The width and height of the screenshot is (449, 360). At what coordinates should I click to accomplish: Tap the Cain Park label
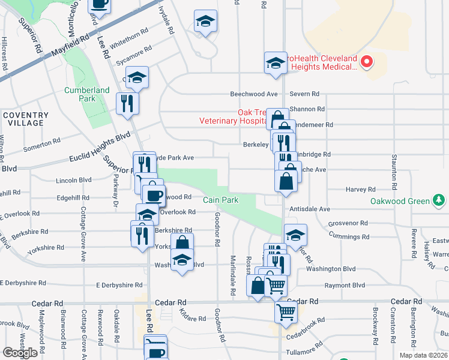coord(216,200)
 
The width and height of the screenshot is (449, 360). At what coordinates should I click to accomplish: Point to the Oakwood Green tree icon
coord(440,200)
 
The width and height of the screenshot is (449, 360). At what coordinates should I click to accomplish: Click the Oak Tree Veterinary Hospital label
coord(233,116)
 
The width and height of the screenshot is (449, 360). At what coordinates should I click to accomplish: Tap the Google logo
coord(20,353)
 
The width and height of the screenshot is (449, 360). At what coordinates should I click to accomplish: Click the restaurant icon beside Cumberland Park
coord(127,103)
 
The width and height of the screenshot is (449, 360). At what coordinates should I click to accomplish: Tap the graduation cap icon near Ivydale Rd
coord(205,21)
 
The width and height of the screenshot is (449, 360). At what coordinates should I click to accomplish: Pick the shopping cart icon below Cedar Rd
coord(286,311)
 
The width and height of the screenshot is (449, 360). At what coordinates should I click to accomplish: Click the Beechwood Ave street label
coord(255,94)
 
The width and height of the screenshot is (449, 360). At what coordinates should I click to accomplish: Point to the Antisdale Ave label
coord(310,209)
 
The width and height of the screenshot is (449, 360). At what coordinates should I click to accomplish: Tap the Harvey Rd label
coord(361,190)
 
